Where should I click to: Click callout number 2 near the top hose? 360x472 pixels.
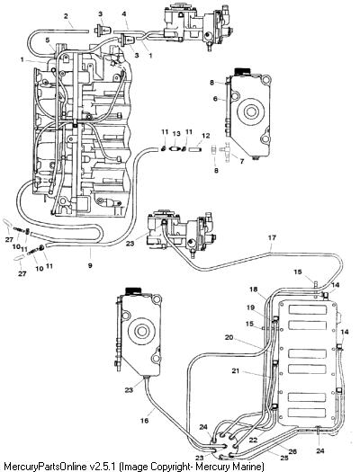pyautogui.click(x=66, y=16)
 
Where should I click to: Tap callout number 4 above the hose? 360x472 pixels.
pyautogui.click(x=124, y=14)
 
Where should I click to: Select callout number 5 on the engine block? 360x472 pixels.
pyautogui.click(x=48, y=40)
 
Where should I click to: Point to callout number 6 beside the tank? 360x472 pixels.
pyautogui.click(x=215, y=99)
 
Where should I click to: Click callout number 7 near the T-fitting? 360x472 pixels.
pyautogui.click(x=241, y=161)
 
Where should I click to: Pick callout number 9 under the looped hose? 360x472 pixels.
pyautogui.click(x=90, y=265)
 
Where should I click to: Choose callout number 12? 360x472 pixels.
pyautogui.click(x=206, y=136)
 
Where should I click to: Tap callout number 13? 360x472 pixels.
pyautogui.click(x=176, y=134)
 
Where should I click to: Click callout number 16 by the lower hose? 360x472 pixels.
pyautogui.click(x=145, y=420)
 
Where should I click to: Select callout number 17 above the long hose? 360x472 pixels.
pyautogui.click(x=272, y=238)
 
